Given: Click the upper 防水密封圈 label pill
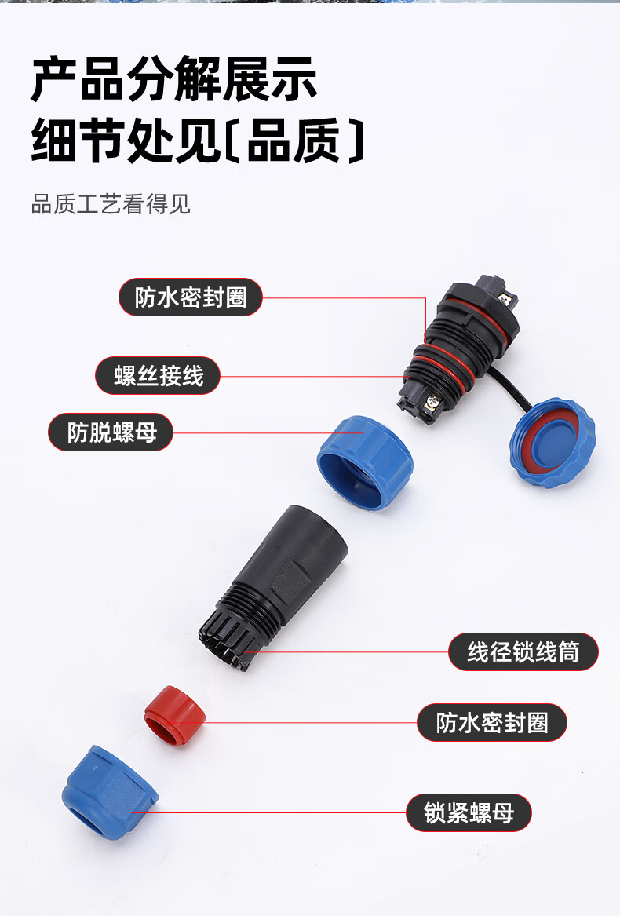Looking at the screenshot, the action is pos(191,297).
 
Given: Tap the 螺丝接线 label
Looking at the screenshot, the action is pos(158,376).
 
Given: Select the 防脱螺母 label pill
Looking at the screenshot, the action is pos(111,432).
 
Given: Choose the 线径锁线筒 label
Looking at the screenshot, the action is pos(523,652).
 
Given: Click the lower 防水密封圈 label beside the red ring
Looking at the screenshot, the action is pos(492,723).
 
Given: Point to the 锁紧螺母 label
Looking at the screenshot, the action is pos(469,812).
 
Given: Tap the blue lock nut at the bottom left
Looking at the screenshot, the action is pos(109,793).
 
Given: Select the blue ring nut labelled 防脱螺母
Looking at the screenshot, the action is pos(365,462).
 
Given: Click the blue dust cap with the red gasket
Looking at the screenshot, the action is pos(552,443).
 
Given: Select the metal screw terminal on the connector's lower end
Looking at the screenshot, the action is pos(432,402).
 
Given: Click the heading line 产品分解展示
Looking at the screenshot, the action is pos(174,78).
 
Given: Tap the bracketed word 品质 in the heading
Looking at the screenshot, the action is pos(294,141).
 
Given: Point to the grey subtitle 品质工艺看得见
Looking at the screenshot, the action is pos(111,204).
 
